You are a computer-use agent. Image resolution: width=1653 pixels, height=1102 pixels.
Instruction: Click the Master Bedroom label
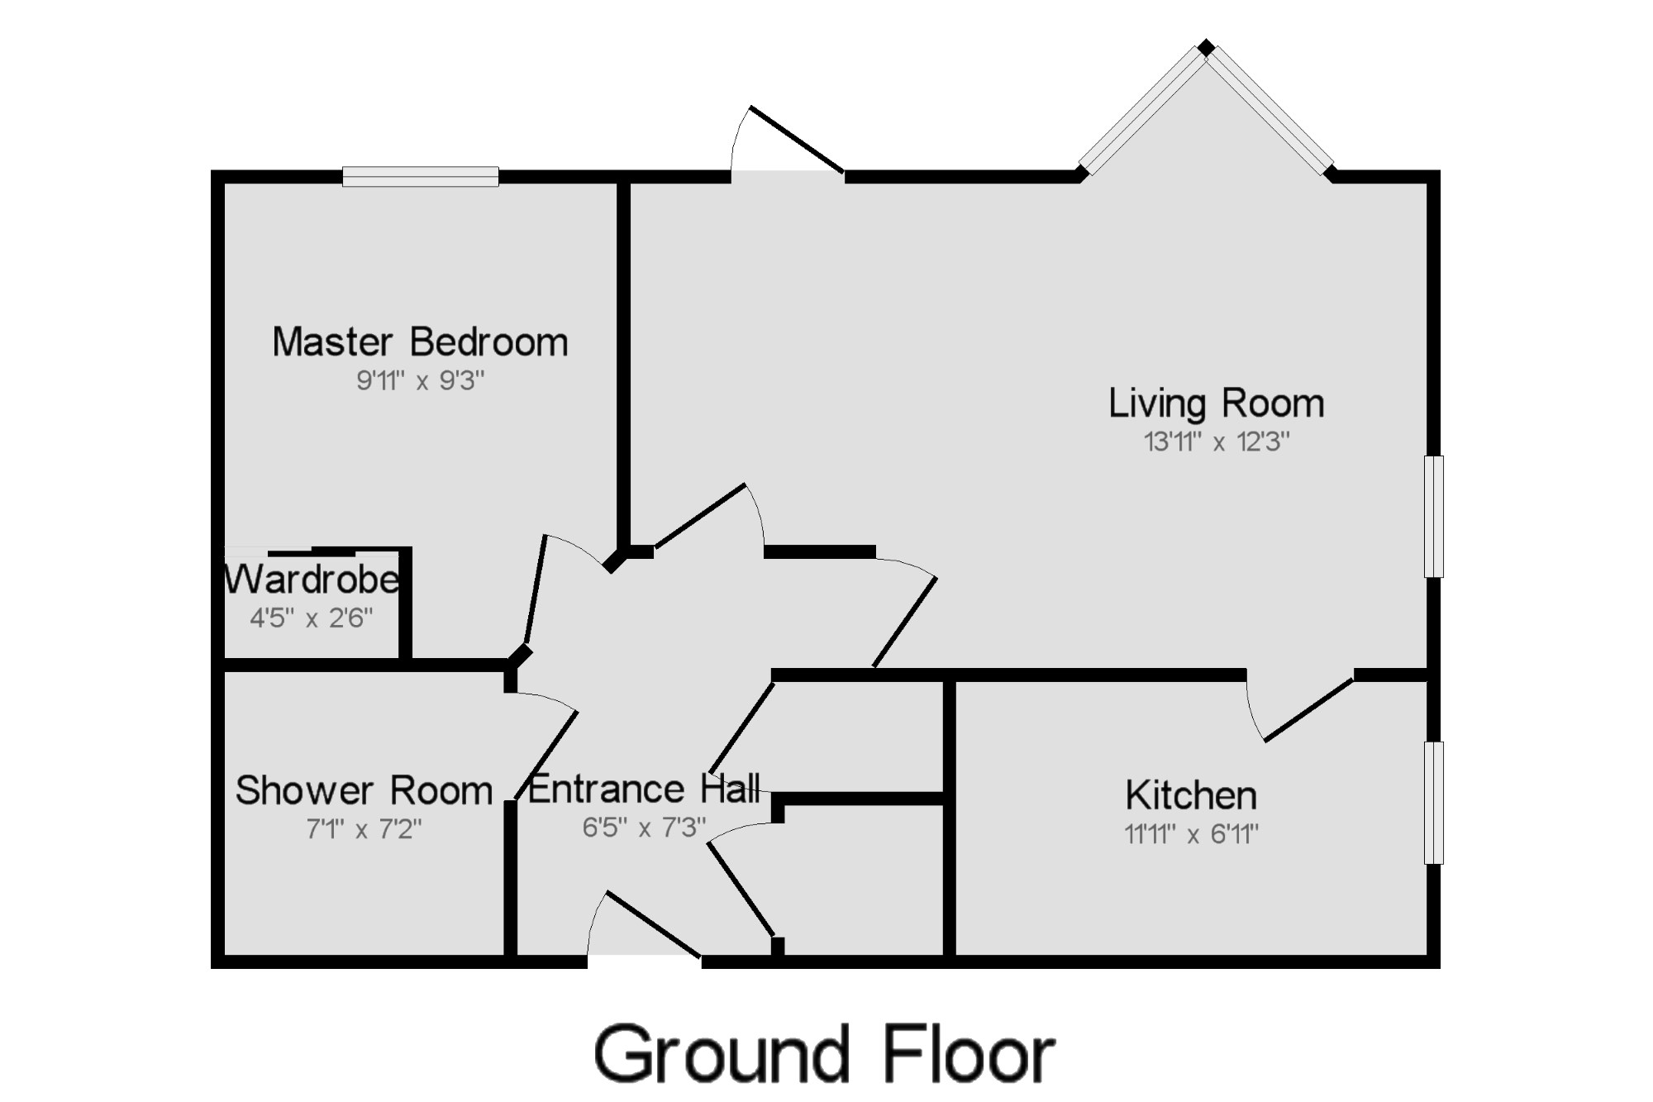click(420, 342)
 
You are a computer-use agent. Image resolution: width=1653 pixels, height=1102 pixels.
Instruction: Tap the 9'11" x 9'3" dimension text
click(420, 381)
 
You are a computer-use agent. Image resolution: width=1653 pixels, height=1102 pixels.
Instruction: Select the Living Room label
click(1216, 403)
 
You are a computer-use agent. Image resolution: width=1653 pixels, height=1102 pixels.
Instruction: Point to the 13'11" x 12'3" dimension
click(1216, 442)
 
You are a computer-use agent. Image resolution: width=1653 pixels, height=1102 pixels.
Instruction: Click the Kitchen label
click(1191, 795)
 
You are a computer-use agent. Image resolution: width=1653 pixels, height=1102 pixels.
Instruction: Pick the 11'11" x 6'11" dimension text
click(1191, 834)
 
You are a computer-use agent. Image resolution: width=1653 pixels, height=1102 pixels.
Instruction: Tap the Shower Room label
click(364, 790)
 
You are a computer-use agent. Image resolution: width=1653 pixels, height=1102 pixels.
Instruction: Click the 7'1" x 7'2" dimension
click(364, 828)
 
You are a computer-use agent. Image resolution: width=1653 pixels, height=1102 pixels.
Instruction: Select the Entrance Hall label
click(644, 789)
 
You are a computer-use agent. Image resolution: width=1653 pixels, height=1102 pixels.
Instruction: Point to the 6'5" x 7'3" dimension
click(644, 828)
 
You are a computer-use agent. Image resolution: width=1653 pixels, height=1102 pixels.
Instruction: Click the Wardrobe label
click(312, 580)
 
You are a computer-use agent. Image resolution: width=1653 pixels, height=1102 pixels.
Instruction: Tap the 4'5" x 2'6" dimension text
click(312, 618)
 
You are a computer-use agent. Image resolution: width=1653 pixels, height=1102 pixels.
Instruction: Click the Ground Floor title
click(824, 1054)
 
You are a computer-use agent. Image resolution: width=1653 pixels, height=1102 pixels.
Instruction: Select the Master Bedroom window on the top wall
click(421, 176)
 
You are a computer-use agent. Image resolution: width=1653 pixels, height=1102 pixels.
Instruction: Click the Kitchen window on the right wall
click(1434, 803)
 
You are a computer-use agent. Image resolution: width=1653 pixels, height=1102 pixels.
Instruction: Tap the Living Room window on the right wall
click(1434, 516)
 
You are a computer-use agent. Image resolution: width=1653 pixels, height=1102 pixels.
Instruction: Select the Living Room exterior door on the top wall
click(797, 140)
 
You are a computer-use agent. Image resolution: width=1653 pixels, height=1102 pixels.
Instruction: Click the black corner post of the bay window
click(1207, 47)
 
